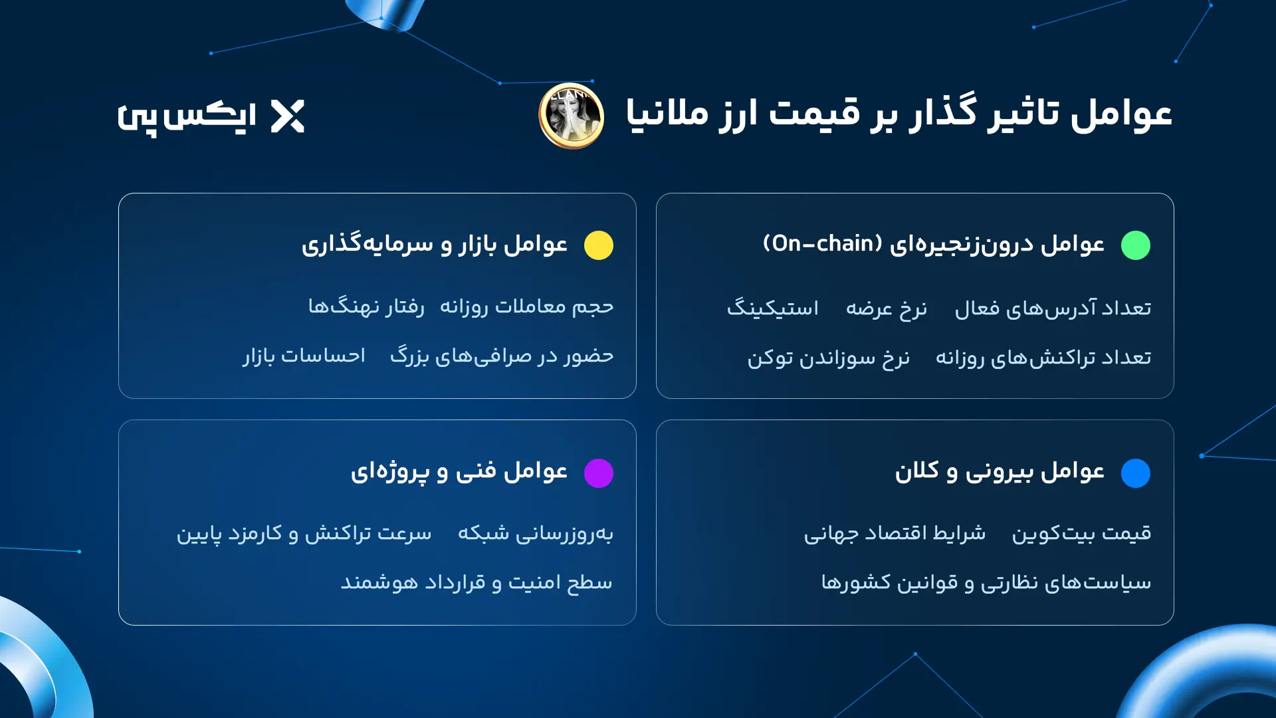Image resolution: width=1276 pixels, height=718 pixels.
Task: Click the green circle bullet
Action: coord(1135,245)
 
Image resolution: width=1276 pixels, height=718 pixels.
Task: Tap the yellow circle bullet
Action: coord(598,245)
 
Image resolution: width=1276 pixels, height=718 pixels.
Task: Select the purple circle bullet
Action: coord(598,473)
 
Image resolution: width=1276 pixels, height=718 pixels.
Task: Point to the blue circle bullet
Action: coord(1135,473)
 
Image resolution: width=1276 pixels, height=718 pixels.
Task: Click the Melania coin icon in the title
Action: coord(571,116)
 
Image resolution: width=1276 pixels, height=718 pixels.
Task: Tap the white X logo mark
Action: coord(288,116)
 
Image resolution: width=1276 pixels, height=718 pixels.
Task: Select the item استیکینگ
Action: coord(772,308)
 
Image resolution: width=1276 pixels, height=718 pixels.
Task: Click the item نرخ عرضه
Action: coord(886,308)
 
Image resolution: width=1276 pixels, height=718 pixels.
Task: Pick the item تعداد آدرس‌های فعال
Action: coord(1053,308)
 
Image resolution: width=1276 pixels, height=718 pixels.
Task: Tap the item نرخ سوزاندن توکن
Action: coord(828,358)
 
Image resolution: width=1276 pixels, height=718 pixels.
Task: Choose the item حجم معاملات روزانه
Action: coord(526,306)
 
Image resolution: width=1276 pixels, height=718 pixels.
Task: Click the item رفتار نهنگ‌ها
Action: coord(366,306)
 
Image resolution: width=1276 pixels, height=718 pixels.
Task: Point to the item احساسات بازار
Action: coord(304,356)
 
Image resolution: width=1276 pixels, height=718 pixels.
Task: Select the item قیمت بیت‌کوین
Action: coord(1081,533)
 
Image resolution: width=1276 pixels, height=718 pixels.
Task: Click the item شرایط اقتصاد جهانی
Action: coord(895,533)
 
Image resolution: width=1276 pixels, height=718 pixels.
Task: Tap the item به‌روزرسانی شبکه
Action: coord(535,533)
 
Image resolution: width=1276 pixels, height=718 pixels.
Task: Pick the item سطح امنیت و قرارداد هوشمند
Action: coord(477,582)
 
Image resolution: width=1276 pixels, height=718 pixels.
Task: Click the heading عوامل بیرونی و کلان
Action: coord(999,471)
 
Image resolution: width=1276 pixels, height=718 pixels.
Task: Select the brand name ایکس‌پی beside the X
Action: coord(187,117)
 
